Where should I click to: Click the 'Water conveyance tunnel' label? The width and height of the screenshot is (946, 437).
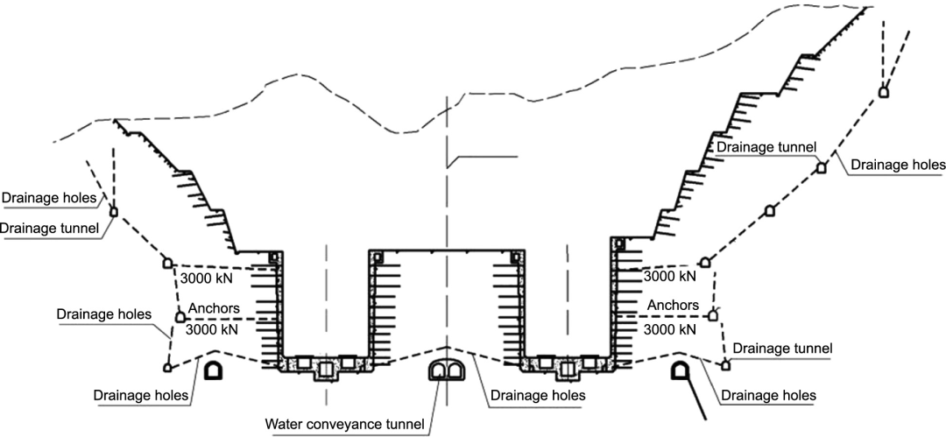(x=344, y=426)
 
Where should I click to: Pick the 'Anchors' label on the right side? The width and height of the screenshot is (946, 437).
(x=673, y=305)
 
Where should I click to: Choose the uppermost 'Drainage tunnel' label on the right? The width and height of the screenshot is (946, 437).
(x=766, y=146)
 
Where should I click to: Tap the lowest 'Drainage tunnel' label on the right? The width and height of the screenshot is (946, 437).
(x=782, y=349)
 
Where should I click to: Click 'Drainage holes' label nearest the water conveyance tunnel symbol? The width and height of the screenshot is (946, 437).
(x=538, y=396)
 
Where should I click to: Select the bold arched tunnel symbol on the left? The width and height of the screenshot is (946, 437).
(x=212, y=370)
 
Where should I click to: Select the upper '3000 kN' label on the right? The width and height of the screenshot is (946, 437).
(x=670, y=276)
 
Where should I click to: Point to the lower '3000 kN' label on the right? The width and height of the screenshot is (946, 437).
(x=670, y=330)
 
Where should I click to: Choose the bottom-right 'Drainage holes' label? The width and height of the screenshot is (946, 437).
(x=767, y=396)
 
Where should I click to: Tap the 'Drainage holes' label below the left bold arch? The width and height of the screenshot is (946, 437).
(x=140, y=394)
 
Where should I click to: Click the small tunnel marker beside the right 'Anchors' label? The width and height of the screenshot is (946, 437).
(x=713, y=314)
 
